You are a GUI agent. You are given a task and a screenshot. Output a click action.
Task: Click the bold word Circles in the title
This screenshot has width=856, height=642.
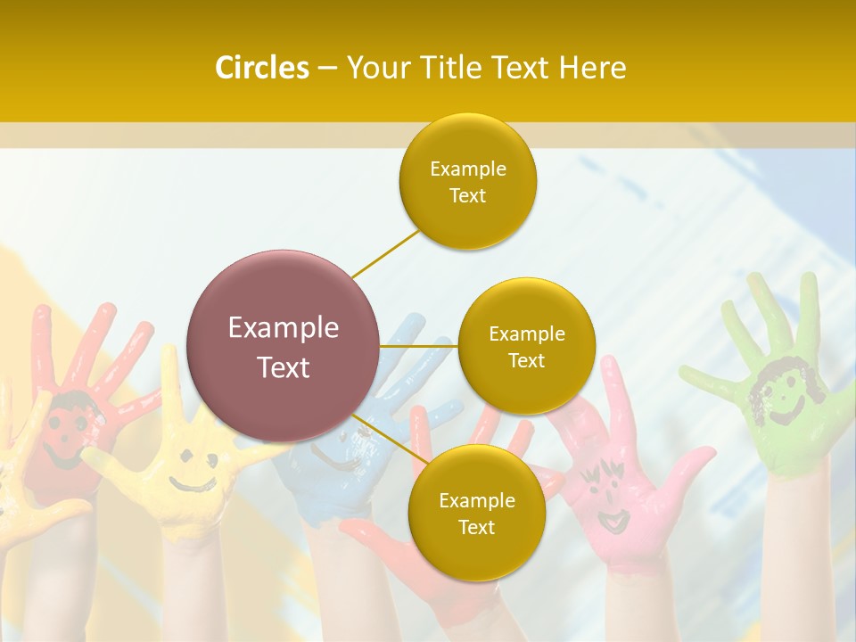(x=261, y=68)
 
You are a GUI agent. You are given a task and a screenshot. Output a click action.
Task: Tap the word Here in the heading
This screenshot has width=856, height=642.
(x=593, y=68)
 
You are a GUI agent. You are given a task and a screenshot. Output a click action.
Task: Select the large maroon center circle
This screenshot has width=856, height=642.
(x=284, y=346)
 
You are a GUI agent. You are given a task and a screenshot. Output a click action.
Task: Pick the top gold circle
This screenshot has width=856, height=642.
(x=468, y=182)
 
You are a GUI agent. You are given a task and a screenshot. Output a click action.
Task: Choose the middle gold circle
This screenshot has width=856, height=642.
(x=526, y=347)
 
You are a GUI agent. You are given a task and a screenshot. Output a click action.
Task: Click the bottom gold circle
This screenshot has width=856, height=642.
(x=476, y=514)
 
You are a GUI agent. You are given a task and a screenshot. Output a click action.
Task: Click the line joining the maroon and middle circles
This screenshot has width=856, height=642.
(x=419, y=346)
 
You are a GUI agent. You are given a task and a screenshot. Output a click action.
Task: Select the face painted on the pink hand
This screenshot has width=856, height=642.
(x=606, y=495)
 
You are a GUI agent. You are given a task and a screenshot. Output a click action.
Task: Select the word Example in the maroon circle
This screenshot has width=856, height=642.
(x=284, y=328)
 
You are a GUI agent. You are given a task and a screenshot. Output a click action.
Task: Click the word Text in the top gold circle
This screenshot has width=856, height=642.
(x=468, y=196)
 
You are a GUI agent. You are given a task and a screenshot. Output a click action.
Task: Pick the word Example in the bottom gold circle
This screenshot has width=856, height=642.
(x=476, y=501)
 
